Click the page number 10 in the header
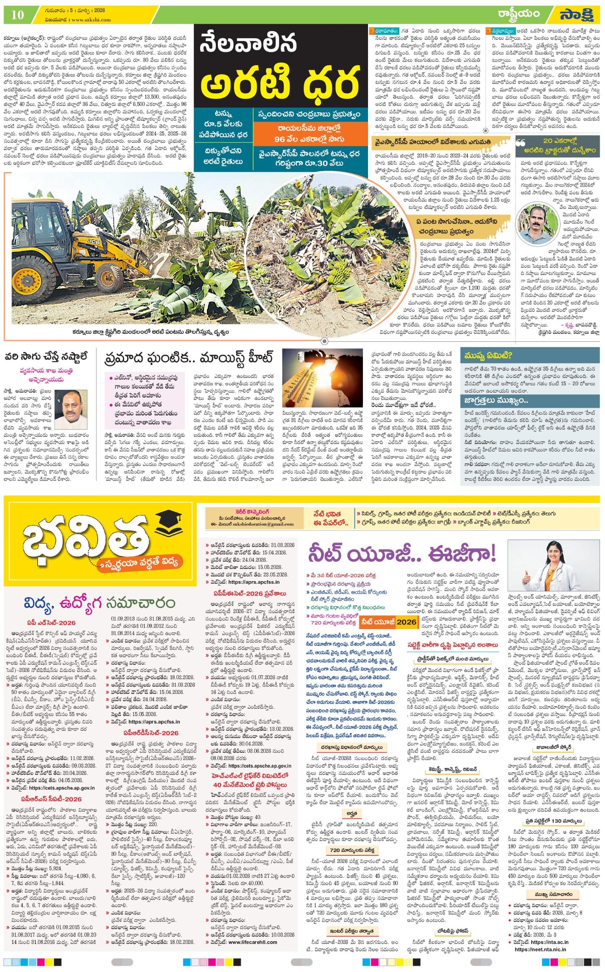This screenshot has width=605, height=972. click(17, 15)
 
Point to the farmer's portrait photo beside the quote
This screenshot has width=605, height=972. click(538, 224)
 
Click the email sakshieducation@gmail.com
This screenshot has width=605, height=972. click(261, 524)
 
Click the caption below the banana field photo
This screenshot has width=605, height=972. click(151, 332)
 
